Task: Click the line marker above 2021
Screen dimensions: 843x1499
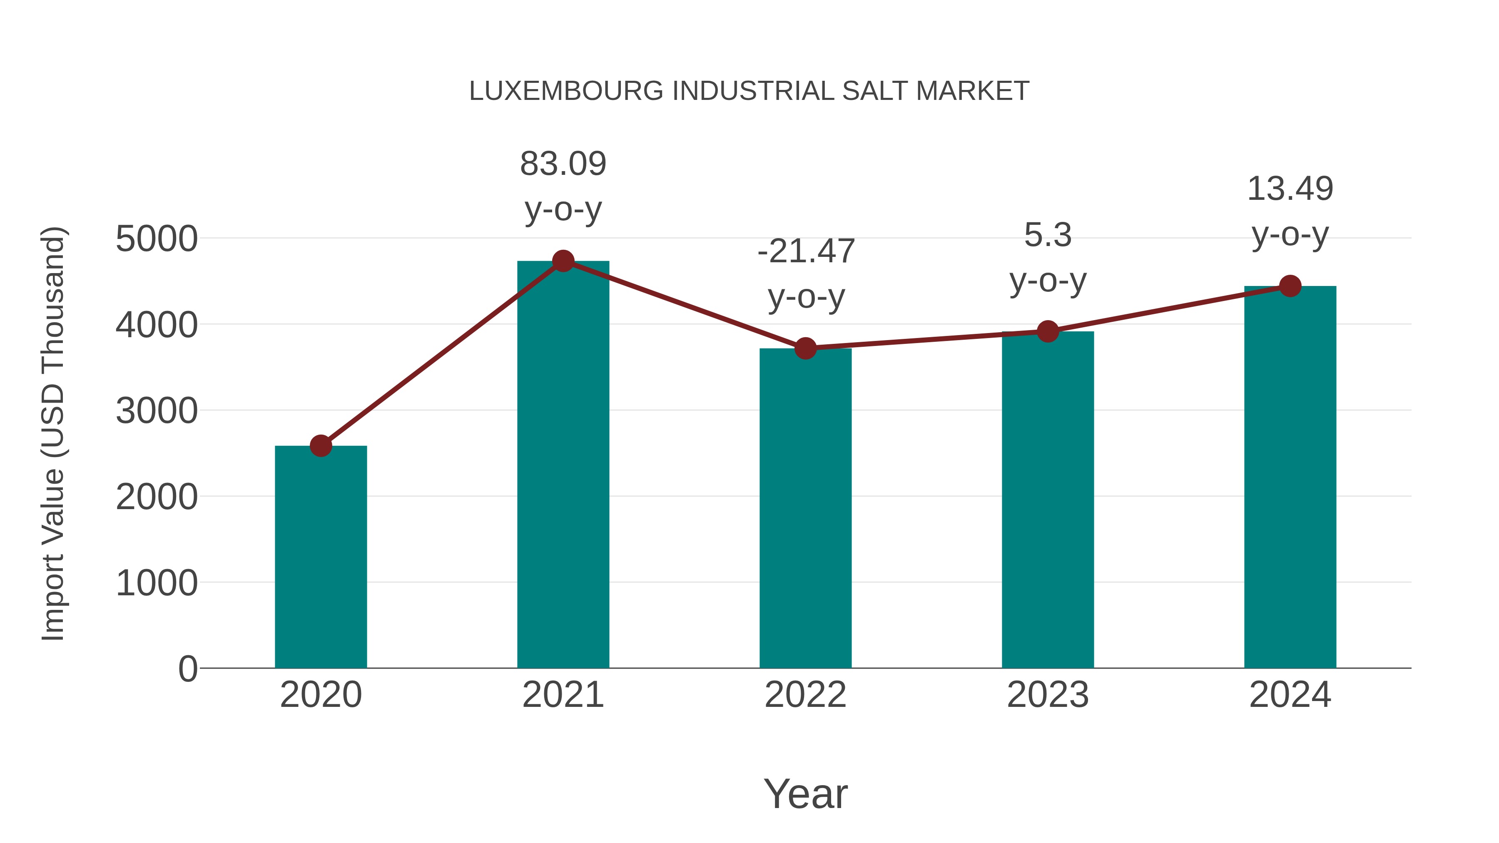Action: click(x=563, y=261)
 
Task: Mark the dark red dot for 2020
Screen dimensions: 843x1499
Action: click(x=321, y=446)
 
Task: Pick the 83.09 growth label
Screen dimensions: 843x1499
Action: click(x=563, y=164)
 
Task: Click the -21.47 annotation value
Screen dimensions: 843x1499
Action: click(x=806, y=251)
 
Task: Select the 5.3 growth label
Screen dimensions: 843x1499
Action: click(x=1048, y=235)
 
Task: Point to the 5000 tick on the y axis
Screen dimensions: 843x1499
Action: click(x=157, y=239)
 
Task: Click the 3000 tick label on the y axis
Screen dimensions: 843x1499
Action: click(x=157, y=411)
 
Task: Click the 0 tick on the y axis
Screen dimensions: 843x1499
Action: click(x=187, y=669)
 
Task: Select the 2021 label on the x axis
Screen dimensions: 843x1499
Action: click(x=563, y=695)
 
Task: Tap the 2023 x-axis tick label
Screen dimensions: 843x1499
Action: click(x=1048, y=695)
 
